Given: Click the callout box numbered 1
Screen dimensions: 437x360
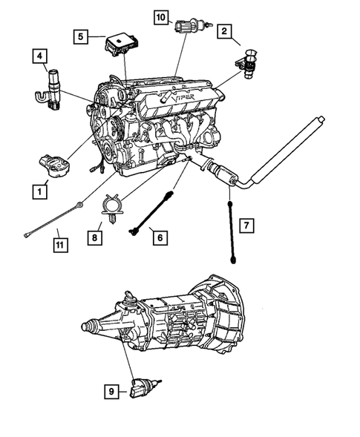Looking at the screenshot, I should click(x=37, y=191).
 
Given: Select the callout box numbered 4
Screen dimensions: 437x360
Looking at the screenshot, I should click(x=39, y=56).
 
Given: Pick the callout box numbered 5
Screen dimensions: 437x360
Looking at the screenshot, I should click(x=83, y=36).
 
